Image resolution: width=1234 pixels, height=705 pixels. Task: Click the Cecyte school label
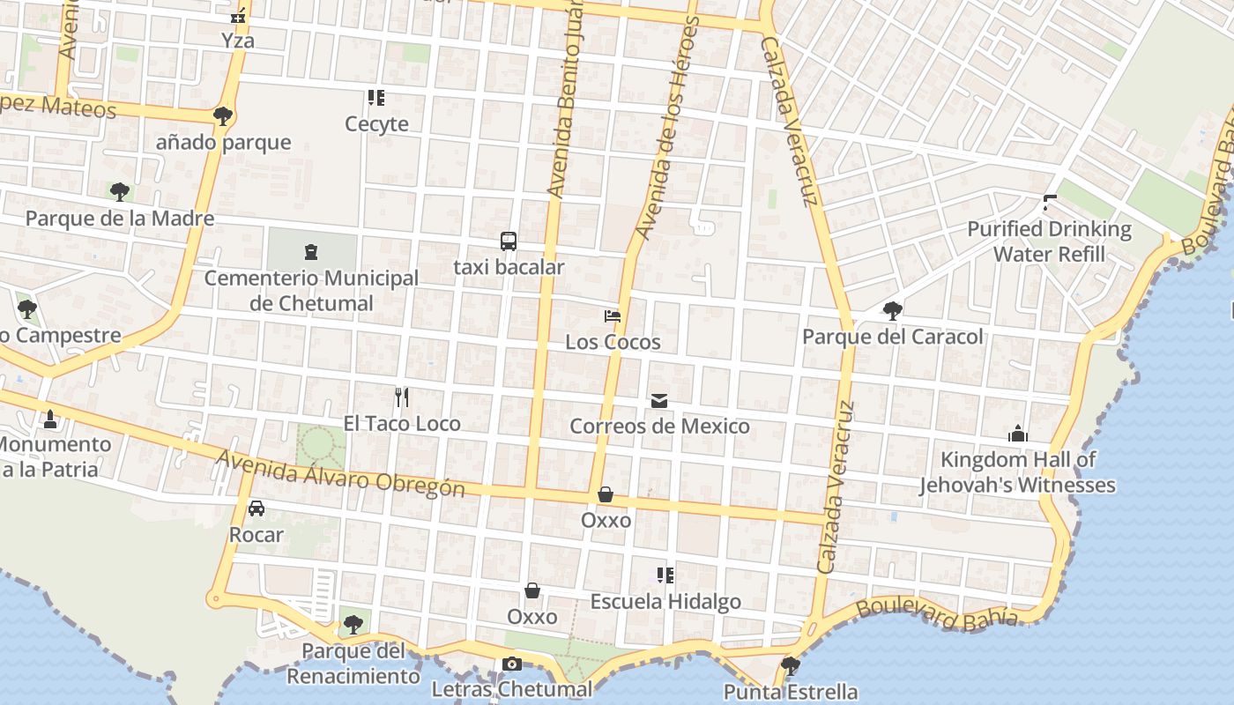click(x=376, y=124)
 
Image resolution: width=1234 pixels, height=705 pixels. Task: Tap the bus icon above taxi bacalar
click(x=509, y=241)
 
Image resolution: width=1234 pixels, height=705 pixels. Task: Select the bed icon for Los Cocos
click(x=613, y=315)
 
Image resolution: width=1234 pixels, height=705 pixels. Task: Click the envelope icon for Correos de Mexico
click(x=659, y=401)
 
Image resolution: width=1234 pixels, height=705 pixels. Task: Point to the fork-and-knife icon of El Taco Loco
click(x=402, y=397)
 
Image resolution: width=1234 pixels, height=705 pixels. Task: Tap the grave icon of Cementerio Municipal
click(x=311, y=252)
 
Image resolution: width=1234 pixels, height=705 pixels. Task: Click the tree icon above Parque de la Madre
click(x=120, y=191)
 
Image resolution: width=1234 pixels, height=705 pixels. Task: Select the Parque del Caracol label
click(x=892, y=337)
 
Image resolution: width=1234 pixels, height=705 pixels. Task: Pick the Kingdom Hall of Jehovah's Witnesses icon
click(x=1018, y=434)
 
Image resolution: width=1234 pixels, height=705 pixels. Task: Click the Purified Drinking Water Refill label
click(x=1049, y=241)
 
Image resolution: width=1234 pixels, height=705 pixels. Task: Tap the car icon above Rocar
click(x=256, y=508)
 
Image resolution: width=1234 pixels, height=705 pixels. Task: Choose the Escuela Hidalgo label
click(x=665, y=602)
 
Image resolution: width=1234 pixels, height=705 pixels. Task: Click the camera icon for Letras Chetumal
click(x=512, y=664)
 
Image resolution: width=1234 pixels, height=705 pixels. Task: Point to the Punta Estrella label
click(x=791, y=692)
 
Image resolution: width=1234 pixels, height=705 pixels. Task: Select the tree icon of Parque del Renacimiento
click(x=353, y=625)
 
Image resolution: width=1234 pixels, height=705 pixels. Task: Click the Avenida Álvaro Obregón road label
click(x=340, y=473)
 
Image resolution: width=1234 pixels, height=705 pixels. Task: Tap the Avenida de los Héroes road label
click(x=667, y=128)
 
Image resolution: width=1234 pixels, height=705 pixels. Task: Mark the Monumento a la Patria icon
click(x=50, y=419)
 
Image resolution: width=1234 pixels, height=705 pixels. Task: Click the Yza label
click(x=238, y=41)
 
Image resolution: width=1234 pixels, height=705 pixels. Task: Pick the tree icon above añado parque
click(x=223, y=115)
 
